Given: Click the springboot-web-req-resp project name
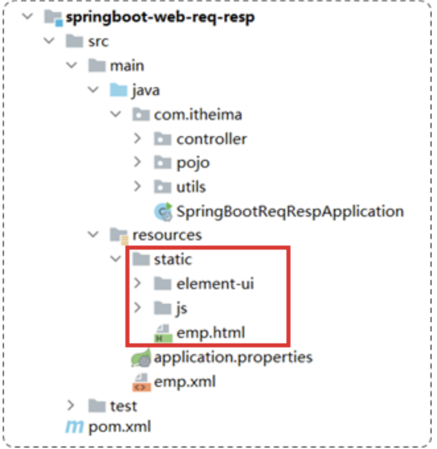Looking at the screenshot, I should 160,17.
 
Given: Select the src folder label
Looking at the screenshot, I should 98,41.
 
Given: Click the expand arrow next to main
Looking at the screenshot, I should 71,66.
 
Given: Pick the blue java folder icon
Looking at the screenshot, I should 119,90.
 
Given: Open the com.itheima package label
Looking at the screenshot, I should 198,115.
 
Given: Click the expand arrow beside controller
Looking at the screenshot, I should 137,139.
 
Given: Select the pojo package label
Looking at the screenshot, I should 193,162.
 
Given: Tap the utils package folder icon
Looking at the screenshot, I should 162,187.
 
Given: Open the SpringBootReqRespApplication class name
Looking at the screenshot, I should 290,211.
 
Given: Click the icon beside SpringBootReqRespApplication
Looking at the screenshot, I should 162,211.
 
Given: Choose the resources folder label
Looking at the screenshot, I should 167,235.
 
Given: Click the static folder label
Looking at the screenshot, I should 173,259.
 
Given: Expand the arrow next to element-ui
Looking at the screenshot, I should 137,284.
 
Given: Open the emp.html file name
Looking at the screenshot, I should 211,332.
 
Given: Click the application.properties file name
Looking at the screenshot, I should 233,357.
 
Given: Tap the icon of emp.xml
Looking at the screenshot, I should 141,382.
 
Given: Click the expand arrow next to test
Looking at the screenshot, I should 71,405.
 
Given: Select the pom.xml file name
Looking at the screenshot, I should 119,427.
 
